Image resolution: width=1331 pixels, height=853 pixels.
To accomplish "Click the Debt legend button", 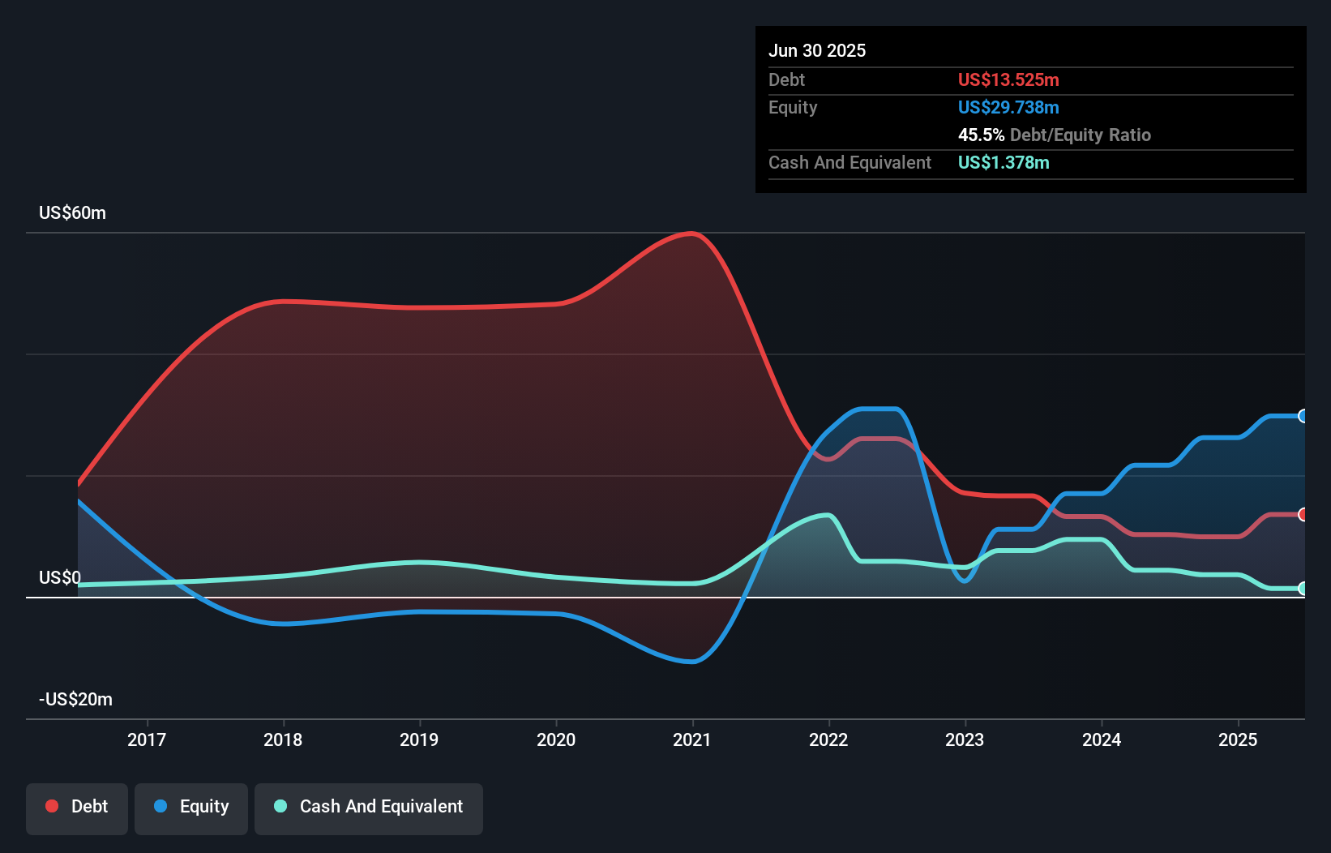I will point(77,807).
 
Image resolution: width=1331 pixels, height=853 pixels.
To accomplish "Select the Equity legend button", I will point(191,807).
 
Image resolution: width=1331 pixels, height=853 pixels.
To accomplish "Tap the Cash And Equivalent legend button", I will point(369,807).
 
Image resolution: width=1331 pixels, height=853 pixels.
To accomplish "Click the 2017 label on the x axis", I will point(147,739).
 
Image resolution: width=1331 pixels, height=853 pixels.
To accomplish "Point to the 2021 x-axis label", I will point(692,739).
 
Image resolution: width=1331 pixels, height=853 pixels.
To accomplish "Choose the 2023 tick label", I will point(965,739).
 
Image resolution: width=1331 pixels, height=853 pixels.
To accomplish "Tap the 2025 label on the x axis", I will point(1238,739).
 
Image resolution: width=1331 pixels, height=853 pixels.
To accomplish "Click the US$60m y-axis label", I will point(72,213).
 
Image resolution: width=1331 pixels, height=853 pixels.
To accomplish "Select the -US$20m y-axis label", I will point(75,700).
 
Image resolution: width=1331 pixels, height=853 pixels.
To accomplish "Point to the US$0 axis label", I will point(59,578).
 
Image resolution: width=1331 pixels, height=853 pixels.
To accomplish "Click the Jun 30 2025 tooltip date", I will point(817,50).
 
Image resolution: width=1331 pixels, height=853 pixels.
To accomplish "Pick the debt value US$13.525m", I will point(1008,79).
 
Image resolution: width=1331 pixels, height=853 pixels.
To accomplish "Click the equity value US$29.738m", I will point(1008,107).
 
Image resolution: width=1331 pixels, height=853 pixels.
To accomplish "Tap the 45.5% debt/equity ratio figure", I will point(981,135).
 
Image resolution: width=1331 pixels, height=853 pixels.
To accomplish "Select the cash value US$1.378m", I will point(1004,162).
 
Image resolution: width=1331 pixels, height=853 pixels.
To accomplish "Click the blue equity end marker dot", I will point(1303,416).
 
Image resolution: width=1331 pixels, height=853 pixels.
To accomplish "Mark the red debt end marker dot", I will point(1303,515).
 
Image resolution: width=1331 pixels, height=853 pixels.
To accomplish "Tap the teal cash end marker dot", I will point(1303,589).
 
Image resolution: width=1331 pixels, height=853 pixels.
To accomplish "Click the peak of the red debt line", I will point(691,234).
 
